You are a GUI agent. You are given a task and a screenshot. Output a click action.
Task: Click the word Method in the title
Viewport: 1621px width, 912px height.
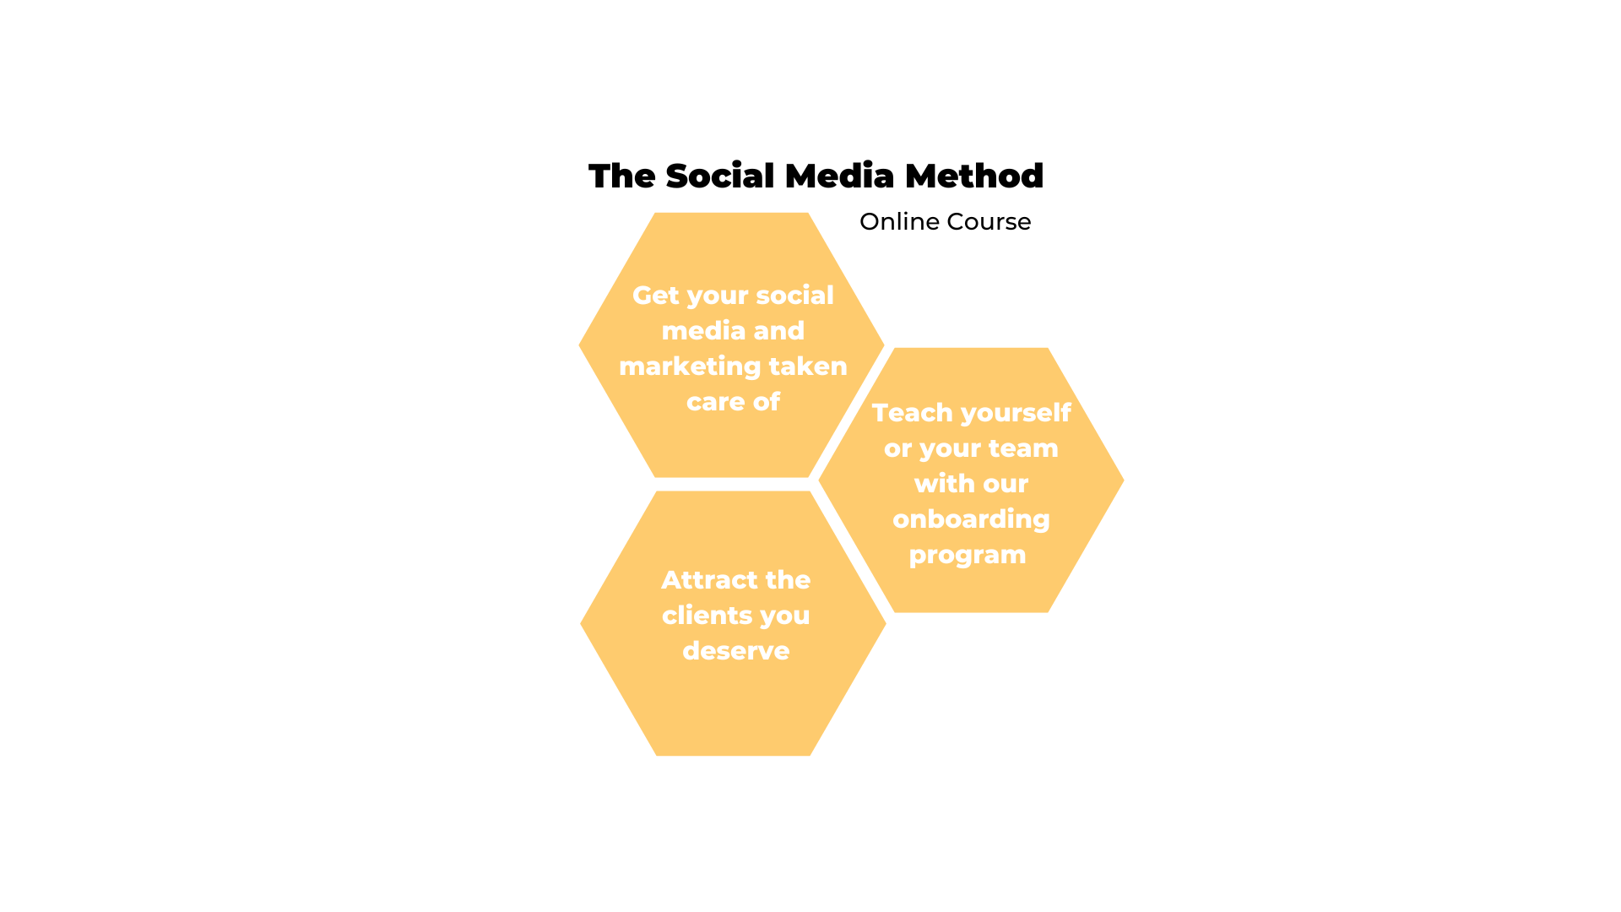click(974, 176)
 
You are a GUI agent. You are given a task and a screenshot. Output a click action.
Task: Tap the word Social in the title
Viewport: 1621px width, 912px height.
click(720, 176)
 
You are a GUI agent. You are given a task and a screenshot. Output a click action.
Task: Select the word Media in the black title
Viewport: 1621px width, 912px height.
click(840, 176)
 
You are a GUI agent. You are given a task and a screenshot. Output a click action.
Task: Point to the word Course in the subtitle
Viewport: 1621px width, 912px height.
click(989, 221)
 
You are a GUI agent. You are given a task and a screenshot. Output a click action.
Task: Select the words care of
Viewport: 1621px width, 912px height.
click(733, 401)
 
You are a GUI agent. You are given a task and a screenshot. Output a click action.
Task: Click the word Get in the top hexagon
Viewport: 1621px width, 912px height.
click(656, 296)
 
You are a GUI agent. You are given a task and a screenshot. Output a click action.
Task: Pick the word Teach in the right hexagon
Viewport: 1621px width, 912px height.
click(912, 412)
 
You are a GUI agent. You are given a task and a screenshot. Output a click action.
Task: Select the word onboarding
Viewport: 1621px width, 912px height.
click(971, 519)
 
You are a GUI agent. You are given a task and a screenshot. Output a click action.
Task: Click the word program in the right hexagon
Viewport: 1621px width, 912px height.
click(968, 556)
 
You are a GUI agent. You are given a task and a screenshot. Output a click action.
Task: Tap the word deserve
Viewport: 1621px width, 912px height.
click(736, 651)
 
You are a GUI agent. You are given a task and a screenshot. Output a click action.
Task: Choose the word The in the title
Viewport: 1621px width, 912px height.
click(622, 176)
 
